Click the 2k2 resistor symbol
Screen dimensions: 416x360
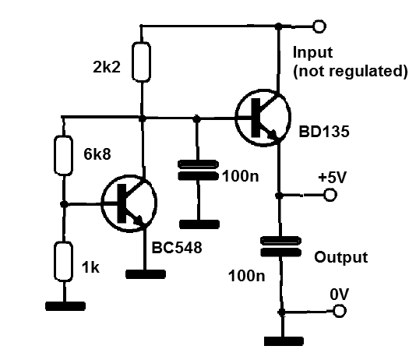pos(142,62)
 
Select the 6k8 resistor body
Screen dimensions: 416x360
pos(63,156)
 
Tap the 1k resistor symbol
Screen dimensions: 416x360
pos(63,262)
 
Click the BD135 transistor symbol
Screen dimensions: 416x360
pos(263,118)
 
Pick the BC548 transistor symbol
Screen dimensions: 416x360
pos(129,203)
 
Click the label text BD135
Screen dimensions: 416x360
pos(324,132)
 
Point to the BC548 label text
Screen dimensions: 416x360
pos(177,248)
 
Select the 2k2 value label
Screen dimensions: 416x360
pos(107,67)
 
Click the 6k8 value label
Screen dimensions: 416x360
pos(97,154)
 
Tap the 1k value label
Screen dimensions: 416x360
pos(90,267)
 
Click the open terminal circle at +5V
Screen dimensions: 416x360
pos(330,195)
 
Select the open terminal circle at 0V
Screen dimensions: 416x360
pos(340,311)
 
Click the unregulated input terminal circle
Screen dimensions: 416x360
pos(319,26)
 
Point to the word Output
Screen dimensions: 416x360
pos(341,257)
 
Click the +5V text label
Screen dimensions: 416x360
pos(333,177)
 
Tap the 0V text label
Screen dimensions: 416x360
pos(340,295)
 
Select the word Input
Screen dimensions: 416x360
pos(312,52)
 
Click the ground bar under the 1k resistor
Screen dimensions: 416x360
pos(65,306)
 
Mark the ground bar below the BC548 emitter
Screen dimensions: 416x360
pos(146,274)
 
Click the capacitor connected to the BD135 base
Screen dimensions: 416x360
pos(198,171)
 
